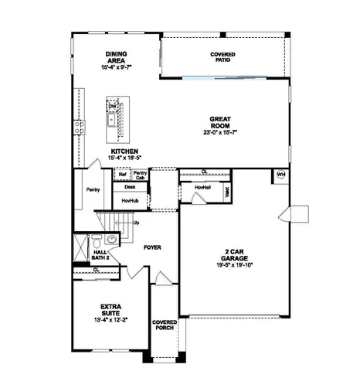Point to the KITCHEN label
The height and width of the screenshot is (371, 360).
(x=124, y=151)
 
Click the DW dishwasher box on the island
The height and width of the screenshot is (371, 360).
(x=112, y=106)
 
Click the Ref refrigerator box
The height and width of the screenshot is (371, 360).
(x=122, y=175)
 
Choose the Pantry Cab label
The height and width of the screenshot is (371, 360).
(x=140, y=175)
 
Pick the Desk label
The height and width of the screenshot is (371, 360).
(x=129, y=187)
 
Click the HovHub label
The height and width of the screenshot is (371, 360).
(x=129, y=200)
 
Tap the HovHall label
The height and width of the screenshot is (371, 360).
(x=202, y=188)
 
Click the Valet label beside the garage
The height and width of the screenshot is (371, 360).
(x=227, y=192)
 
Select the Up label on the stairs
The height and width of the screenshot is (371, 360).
(x=137, y=223)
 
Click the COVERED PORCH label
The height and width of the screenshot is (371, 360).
(x=165, y=325)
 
